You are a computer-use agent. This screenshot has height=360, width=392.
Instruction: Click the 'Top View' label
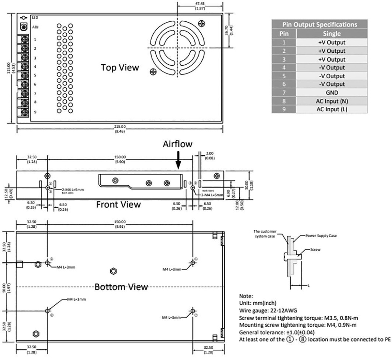click(120, 67)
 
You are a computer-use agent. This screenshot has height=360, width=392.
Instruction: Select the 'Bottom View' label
click(121, 287)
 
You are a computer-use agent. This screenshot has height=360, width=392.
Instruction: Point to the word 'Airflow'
click(178, 144)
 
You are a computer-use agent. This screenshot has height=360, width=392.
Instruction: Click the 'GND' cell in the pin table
click(331, 93)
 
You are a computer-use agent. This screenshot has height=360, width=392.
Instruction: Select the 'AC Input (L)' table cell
click(331, 109)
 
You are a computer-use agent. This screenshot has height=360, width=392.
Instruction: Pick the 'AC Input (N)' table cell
click(331, 101)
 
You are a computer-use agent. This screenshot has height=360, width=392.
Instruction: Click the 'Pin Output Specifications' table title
click(320, 24)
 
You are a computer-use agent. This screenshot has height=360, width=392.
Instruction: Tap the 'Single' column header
click(331, 34)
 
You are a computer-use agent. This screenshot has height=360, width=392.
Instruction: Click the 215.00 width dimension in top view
click(120, 127)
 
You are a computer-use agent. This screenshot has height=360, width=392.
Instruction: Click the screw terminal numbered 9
click(24, 112)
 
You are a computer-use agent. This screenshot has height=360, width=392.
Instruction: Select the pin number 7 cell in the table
click(284, 93)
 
